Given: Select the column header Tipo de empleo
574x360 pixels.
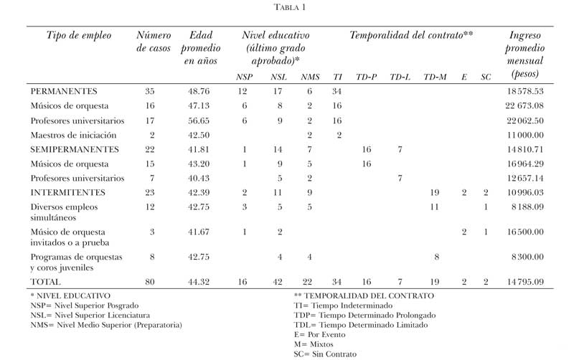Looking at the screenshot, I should coord(80,35).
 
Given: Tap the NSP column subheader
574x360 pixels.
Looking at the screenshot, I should coord(244,77).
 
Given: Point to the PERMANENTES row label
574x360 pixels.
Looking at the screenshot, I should coord(64,92).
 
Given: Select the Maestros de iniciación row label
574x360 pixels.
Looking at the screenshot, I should coord(74,135).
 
